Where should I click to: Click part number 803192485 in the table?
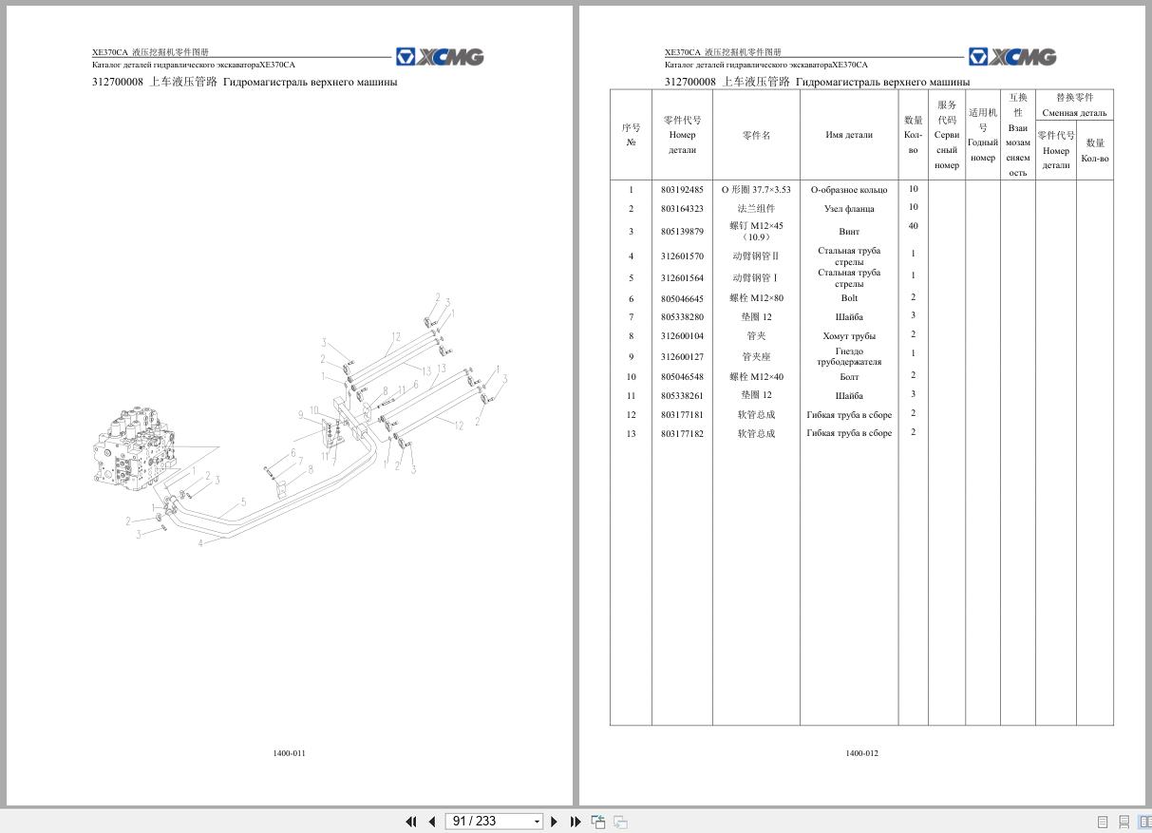pos(682,190)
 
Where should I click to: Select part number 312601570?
pos(682,256)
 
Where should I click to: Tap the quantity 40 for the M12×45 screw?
pos(913,226)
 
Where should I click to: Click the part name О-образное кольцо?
pos(848,190)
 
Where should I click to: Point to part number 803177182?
pos(682,434)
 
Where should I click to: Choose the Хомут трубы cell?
pos(848,336)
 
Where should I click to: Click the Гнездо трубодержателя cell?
pos(848,356)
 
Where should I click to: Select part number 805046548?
pos(682,377)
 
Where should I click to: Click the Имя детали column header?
pos(848,135)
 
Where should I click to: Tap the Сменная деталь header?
pos(1074,113)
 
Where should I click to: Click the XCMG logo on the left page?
pos(440,57)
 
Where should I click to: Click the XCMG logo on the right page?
pos(1012,57)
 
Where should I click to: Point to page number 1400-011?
pos(289,753)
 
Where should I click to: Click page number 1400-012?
pos(861,753)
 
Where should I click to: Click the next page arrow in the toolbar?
pos(555,822)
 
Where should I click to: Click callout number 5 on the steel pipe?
pos(243,502)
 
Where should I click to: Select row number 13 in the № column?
pos(631,434)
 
